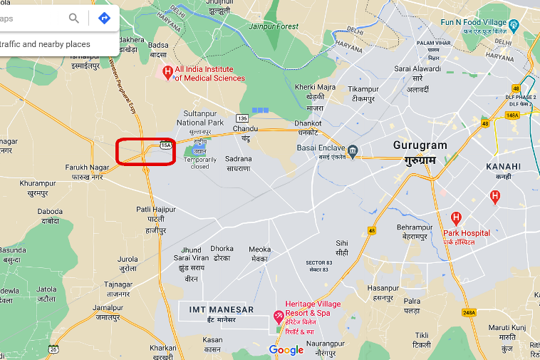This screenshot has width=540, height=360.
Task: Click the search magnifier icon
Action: point(74,19)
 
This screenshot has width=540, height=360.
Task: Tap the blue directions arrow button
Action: point(104,19)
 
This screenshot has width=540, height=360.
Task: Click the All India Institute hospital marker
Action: point(167,71)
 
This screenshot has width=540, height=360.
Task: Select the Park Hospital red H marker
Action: point(456,218)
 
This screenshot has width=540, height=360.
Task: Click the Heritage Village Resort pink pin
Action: point(279,316)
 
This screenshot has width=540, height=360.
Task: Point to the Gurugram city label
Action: point(420,145)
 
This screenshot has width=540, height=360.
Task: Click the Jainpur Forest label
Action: point(274,26)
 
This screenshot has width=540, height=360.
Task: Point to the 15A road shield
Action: point(166,145)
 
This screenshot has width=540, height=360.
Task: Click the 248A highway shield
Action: point(468,312)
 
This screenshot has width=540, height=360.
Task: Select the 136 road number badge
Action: point(243,118)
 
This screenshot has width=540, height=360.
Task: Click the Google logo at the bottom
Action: point(286,349)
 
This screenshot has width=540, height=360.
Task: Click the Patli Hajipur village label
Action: point(156,210)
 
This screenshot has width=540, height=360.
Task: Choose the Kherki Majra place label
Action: point(315,87)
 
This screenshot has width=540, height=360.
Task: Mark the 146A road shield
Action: point(512,115)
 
